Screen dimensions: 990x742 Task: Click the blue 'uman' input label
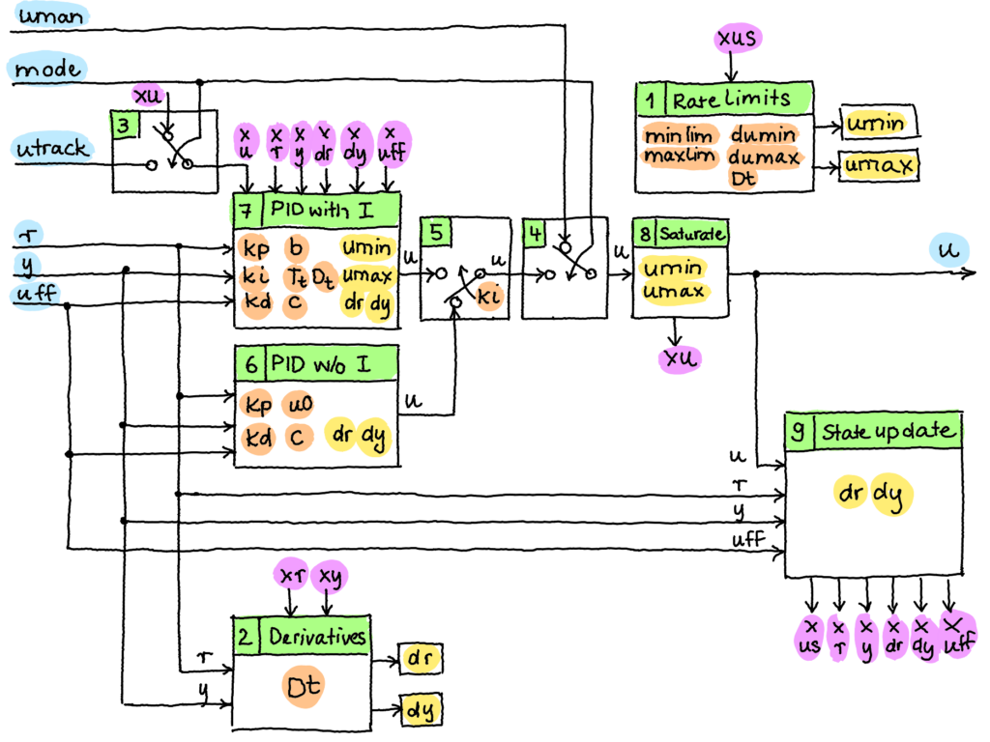tap(50, 15)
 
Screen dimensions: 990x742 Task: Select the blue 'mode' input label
tap(47, 69)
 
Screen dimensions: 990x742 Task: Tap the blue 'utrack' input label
tap(52, 148)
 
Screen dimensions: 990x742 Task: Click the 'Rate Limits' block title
tap(731, 100)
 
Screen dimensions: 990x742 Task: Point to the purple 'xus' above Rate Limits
tap(738, 38)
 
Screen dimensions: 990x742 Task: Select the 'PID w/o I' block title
tap(321, 364)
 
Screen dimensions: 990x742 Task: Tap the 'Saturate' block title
tap(692, 234)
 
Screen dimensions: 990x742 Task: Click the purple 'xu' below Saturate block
tap(680, 358)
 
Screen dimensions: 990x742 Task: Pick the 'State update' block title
tap(887, 432)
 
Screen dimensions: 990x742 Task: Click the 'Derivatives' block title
tap(317, 636)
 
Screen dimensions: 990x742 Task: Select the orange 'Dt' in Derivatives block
tap(303, 687)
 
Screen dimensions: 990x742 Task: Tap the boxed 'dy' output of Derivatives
tap(421, 709)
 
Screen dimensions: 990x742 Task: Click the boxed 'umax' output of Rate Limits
tap(878, 165)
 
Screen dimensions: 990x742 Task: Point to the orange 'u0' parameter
tap(300, 404)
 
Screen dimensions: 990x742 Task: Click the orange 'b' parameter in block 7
tap(296, 247)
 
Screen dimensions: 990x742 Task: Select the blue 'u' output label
tap(949, 249)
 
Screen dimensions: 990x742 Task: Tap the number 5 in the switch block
tap(436, 232)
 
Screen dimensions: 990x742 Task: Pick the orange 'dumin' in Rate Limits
tap(764, 134)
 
